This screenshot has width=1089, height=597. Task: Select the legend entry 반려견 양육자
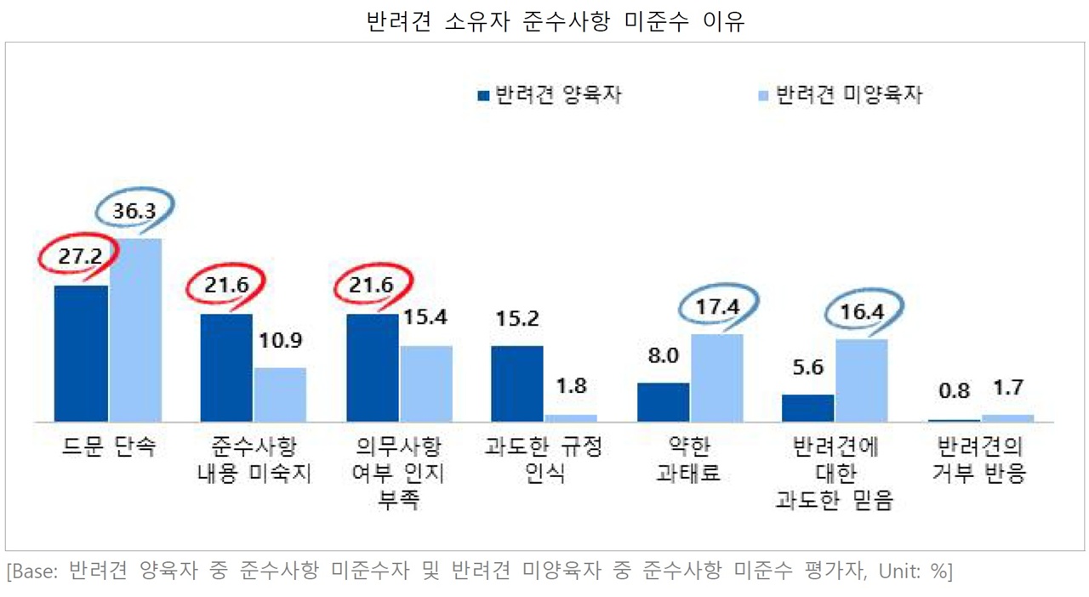pyautogui.click(x=550, y=94)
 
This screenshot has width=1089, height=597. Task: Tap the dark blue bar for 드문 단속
pyautogui.click(x=81, y=353)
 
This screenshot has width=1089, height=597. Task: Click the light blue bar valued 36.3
pyautogui.click(x=135, y=330)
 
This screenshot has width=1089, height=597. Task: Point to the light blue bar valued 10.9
pyautogui.click(x=281, y=395)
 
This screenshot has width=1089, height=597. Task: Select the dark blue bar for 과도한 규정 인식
pyautogui.click(x=517, y=384)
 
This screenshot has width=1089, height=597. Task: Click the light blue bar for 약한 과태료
pyautogui.click(x=717, y=378)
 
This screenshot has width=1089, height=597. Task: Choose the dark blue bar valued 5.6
pyautogui.click(x=808, y=408)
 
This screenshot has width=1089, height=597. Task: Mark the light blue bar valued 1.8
pyautogui.click(x=571, y=418)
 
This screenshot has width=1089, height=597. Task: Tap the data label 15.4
pyautogui.click(x=425, y=317)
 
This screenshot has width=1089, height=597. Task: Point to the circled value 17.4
pyautogui.click(x=717, y=306)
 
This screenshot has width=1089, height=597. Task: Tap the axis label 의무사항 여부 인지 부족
pyautogui.click(x=398, y=474)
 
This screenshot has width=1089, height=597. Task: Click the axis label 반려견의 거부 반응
pyautogui.click(x=979, y=461)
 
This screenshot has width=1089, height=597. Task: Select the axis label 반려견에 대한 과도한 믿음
pyautogui.click(x=835, y=474)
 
